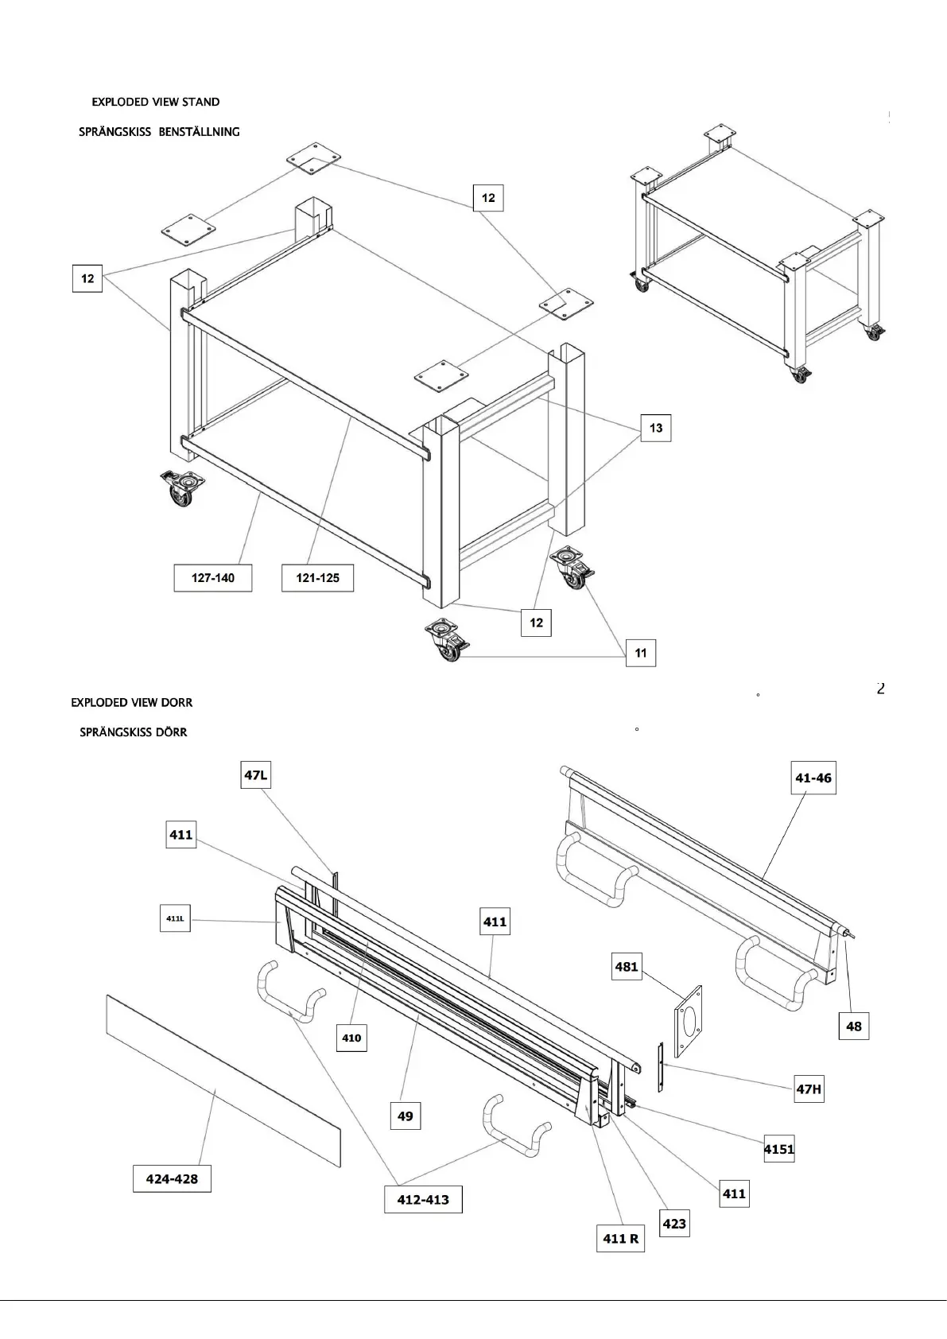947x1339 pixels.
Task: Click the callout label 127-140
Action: pyautogui.click(x=213, y=578)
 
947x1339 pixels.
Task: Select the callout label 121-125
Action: pyautogui.click(x=318, y=578)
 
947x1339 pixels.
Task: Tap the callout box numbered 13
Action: pyautogui.click(x=656, y=428)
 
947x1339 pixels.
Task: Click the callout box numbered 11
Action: pyautogui.click(x=641, y=654)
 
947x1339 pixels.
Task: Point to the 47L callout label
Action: pyautogui.click(x=256, y=774)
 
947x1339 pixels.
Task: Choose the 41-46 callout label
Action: pyautogui.click(x=813, y=778)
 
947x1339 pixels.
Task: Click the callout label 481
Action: pyautogui.click(x=627, y=967)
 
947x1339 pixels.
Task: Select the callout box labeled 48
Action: pyautogui.click(x=854, y=1027)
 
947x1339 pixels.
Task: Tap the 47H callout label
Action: pyautogui.click(x=809, y=1089)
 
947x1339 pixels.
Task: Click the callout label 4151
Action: pyautogui.click(x=779, y=1149)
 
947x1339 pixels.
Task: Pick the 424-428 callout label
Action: pyautogui.click(x=173, y=1178)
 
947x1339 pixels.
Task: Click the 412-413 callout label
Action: pyautogui.click(x=423, y=1200)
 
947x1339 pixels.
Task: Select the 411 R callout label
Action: pyautogui.click(x=620, y=1238)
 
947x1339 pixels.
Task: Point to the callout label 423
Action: pyautogui.click(x=674, y=1224)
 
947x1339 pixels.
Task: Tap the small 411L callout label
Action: pyautogui.click(x=176, y=918)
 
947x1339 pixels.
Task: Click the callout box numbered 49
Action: pyautogui.click(x=406, y=1116)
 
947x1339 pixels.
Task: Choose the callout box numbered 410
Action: pyautogui.click(x=351, y=1038)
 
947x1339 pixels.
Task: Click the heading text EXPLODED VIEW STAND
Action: pyautogui.click(x=156, y=102)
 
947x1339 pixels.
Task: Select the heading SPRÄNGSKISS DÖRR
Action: pyautogui.click(x=134, y=732)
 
